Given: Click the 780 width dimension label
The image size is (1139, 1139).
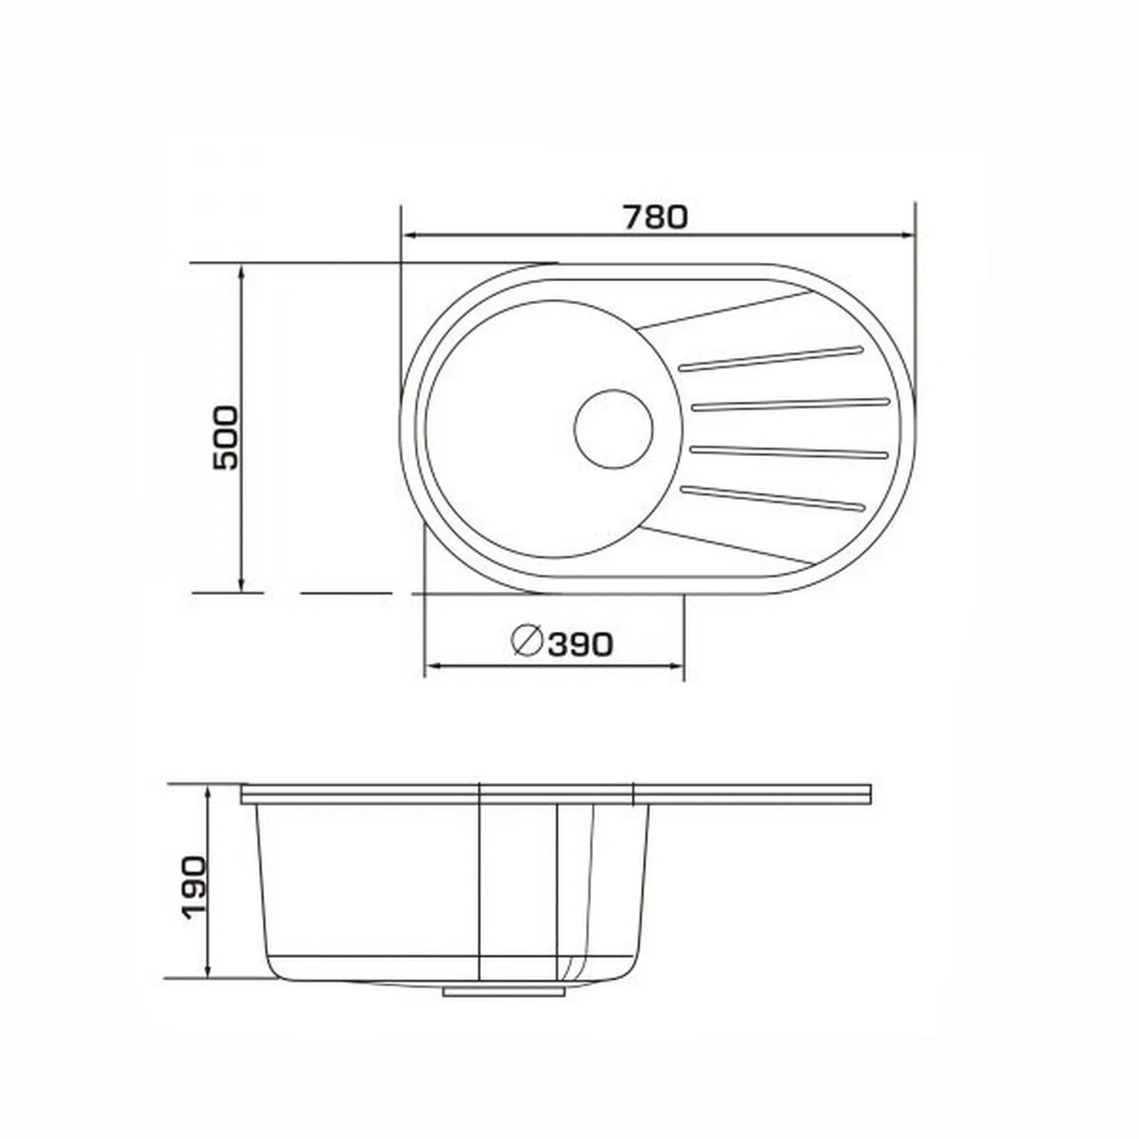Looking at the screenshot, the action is coord(655,217).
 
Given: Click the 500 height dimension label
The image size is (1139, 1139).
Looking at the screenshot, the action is coord(226,437).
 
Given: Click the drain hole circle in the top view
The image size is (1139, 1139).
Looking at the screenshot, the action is coord(614,429).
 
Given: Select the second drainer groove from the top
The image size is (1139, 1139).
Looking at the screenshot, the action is coord(790,404).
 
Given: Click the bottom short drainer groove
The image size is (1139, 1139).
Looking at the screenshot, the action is coord(772,497).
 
